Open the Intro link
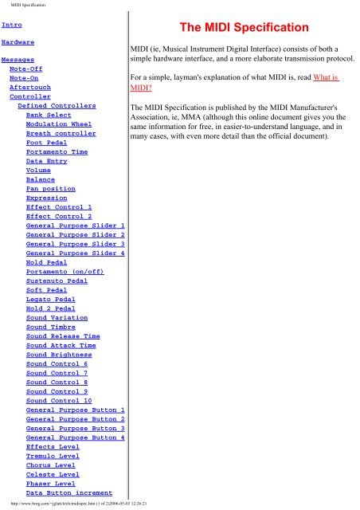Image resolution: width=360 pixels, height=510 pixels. (x=12, y=25)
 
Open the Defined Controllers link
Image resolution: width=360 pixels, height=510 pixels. (x=57, y=105)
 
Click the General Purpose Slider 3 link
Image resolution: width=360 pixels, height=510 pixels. (x=75, y=244)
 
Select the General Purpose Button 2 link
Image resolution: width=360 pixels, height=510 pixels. (x=75, y=418)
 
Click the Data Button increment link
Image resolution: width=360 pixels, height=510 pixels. (x=68, y=492)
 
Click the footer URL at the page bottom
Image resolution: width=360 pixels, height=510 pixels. (x=80, y=504)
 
